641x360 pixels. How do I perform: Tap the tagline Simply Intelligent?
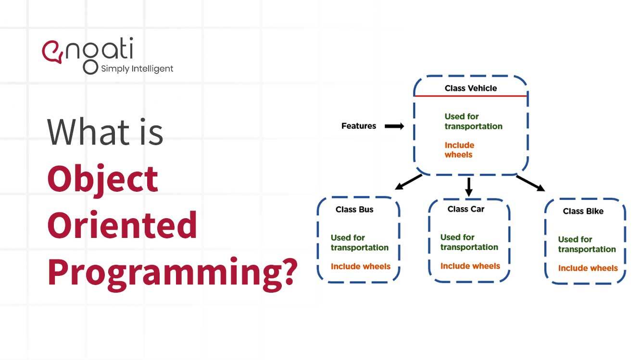137,69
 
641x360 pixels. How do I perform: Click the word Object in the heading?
102,179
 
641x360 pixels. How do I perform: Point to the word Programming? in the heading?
171,272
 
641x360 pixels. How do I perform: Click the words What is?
105,132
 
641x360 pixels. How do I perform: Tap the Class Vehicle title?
470,88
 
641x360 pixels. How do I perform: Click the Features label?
358,126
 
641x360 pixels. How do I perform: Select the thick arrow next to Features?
394,126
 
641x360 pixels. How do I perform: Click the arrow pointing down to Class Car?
469,186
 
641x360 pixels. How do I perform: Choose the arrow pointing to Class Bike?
530,183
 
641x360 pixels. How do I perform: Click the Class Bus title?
354,210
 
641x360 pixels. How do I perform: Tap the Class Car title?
465,209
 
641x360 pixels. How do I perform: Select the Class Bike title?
583,211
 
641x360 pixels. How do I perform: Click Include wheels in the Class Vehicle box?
459,150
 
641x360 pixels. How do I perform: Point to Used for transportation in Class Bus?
359,243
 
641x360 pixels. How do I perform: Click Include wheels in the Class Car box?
470,266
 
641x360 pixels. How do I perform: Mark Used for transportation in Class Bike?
586,244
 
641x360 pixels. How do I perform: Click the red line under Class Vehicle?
470,96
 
